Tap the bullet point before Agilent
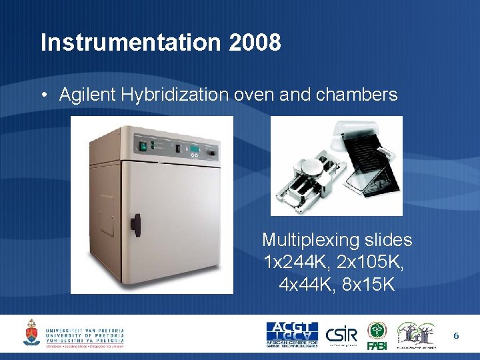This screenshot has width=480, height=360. pos(43,95)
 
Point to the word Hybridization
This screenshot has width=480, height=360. pos(175,95)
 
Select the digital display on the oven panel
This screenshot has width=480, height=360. pos(193,147)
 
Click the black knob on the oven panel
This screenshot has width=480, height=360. pos(210,153)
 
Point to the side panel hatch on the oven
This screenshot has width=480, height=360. pos(107,215)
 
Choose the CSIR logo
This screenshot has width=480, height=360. pos(343,333)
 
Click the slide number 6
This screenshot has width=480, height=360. pos(456,335)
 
